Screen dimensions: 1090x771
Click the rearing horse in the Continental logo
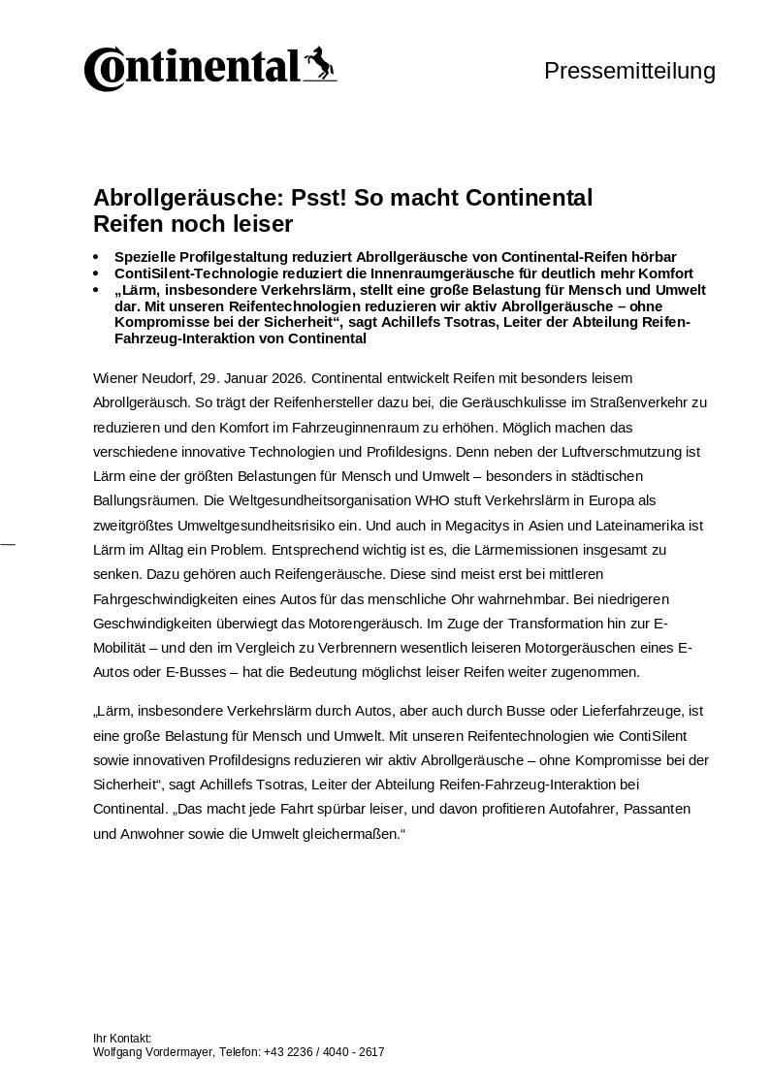click(x=319, y=64)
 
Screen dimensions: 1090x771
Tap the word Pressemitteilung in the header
click(x=629, y=71)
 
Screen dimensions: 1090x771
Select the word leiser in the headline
click(x=260, y=224)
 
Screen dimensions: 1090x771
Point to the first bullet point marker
click(x=96, y=258)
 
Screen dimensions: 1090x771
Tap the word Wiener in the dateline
click(x=115, y=377)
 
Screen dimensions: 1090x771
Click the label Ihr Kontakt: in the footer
click(x=122, y=1039)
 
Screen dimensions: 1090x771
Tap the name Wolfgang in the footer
click(x=117, y=1052)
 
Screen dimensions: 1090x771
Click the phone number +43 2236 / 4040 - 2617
click(x=324, y=1052)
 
